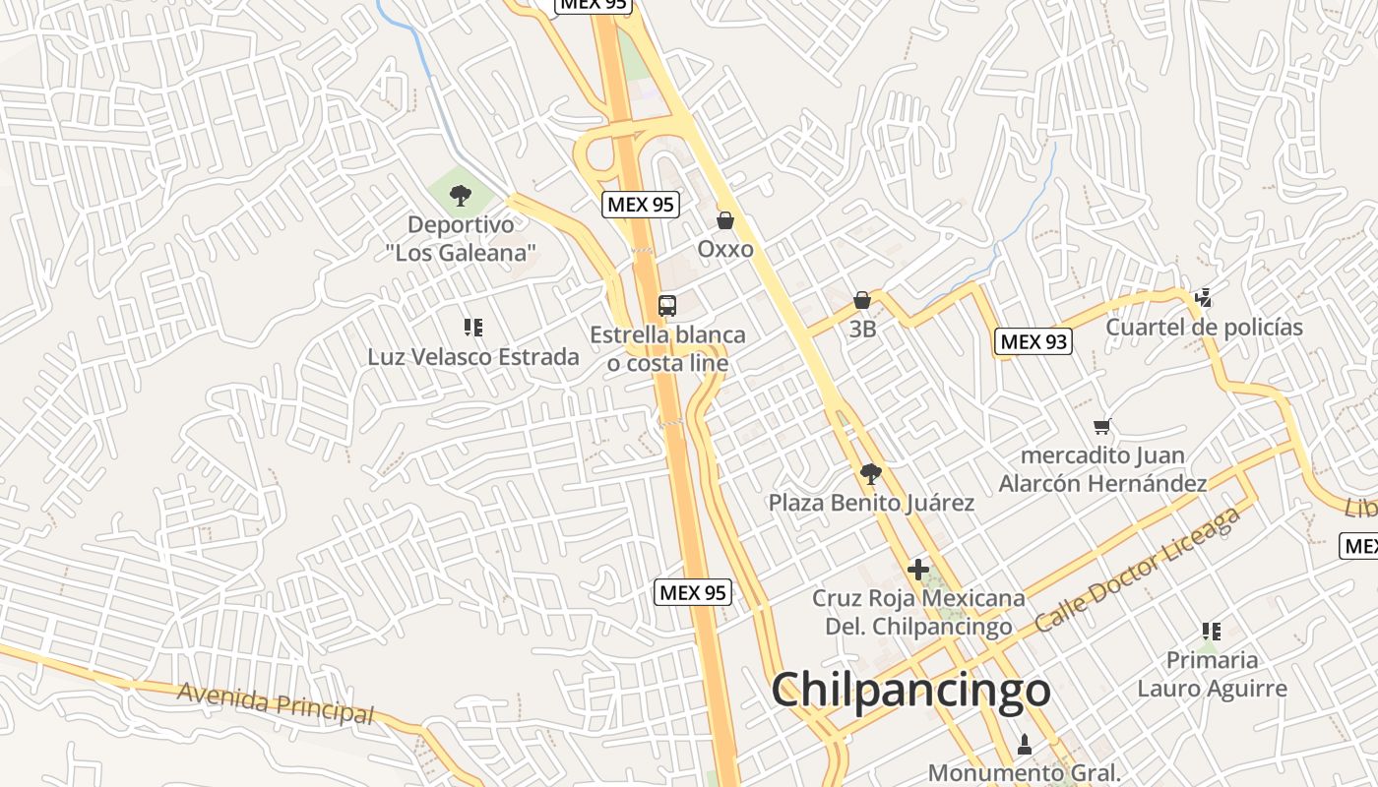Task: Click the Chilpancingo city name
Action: (910, 690)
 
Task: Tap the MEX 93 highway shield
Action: (1033, 341)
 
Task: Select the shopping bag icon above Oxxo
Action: (725, 220)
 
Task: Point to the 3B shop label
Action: (862, 330)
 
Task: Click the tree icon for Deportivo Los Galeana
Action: (460, 196)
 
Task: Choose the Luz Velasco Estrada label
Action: (473, 356)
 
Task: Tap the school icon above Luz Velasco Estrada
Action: (473, 327)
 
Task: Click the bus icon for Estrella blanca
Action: (667, 305)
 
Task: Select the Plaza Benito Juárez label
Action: (871, 503)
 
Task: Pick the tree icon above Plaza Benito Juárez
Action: (870, 474)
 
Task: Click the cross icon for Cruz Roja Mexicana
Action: (918, 569)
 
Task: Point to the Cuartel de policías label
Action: (1204, 328)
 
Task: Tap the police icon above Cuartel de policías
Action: (1202, 297)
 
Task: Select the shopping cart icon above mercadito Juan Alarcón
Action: (1102, 426)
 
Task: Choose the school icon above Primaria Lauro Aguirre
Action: (1212, 631)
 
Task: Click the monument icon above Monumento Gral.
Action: (1025, 745)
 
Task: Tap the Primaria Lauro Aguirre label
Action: (1212, 674)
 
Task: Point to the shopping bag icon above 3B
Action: (862, 300)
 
